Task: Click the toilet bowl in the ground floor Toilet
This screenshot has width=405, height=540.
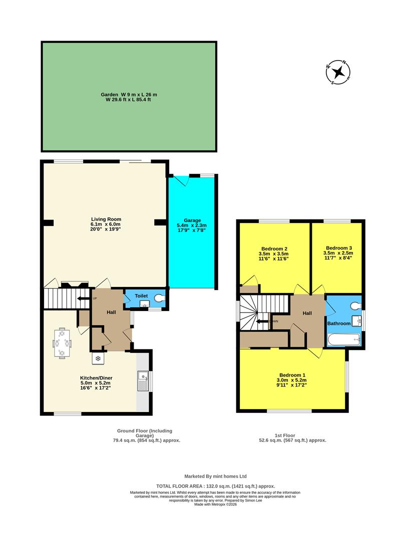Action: (x=160, y=298)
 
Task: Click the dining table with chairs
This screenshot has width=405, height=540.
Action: (x=62, y=343)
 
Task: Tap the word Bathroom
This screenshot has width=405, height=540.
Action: (x=339, y=323)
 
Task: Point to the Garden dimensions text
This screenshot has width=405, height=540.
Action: (x=129, y=97)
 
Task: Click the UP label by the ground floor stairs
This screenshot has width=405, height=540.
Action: (x=95, y=298)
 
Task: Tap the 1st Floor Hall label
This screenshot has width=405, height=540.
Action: (x=307, y=313)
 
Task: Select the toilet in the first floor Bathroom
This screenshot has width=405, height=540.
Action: (x=355, y=305)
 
